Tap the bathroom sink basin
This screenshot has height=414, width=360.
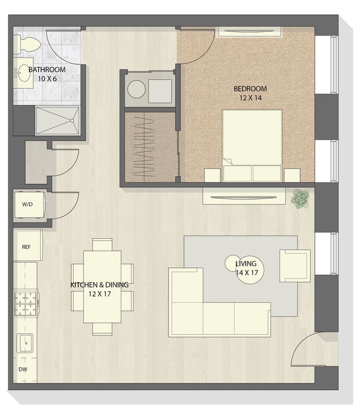(24, 73)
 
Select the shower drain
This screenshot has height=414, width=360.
(72, 120)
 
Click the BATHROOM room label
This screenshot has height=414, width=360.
(47, 70)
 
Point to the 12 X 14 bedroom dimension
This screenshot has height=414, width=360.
(250, 98)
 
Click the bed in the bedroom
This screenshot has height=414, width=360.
(253, 145)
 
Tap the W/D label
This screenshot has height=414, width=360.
(28, 205)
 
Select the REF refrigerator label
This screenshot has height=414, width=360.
(26, 247)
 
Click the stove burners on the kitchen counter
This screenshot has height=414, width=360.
(25, 303)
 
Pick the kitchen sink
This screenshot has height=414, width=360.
(25, 343)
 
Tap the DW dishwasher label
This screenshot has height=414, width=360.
(23, 369)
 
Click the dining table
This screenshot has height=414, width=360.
(102, 287)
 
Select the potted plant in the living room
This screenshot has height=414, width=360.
(300, 199)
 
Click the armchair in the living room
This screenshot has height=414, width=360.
(295, 265)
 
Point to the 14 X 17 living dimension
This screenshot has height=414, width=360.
(247, 273)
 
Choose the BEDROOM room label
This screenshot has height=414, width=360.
(250, 89)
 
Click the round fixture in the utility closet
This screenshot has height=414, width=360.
(136, 89)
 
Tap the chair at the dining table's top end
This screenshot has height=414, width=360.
(102, 244)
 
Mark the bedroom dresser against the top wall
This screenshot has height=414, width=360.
(249, 32)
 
